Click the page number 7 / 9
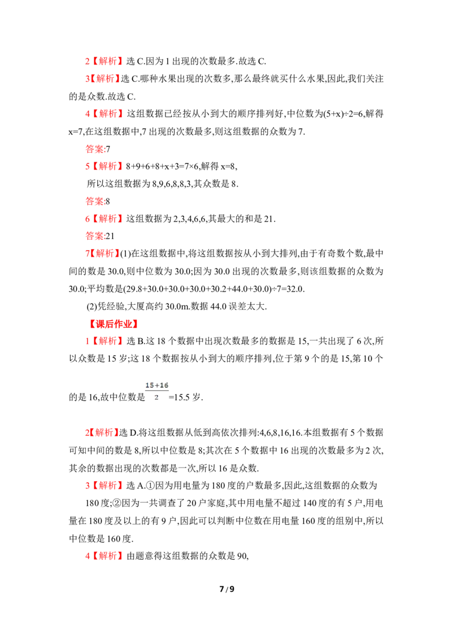pos(227,589)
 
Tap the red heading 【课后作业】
pos(113,324)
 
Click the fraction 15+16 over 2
pos(157,391)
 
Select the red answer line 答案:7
pos(98,149)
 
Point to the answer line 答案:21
pos(100,236)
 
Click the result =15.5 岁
pos(186,397)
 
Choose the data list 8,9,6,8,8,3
pos(171,184)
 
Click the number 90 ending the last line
pos(242,556)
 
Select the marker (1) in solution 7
pos(125,254)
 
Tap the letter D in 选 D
pos(133,433)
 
